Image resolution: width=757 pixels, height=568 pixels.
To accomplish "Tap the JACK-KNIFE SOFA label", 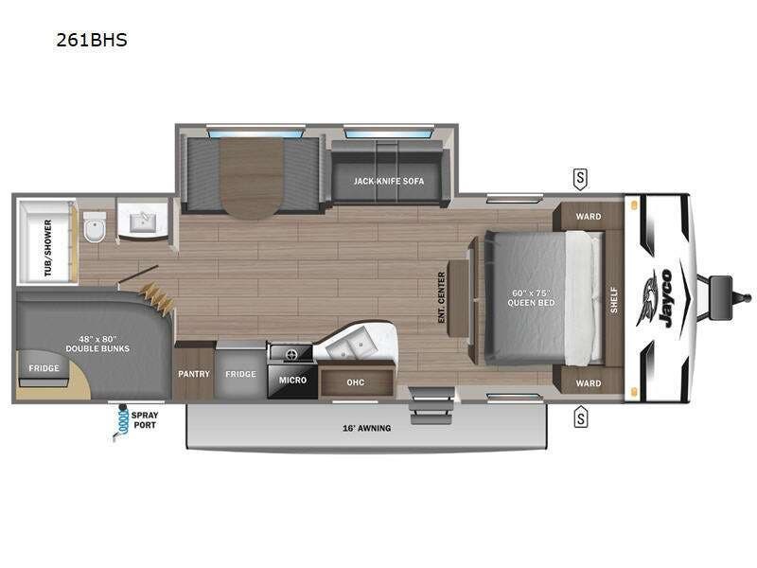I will (x=389, y=180).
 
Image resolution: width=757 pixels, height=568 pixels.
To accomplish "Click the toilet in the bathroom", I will (x=94, y=227).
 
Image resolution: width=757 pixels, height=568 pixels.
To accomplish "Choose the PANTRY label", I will (x=194, y=374).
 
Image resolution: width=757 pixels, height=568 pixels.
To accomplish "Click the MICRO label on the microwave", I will (x=291, y=380).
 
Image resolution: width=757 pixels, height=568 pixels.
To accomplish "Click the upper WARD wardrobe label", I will (x=589, y=217).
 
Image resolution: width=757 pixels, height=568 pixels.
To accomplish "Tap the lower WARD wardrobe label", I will (x=589, y=383).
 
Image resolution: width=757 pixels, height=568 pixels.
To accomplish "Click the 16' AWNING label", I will (x=365, y=428).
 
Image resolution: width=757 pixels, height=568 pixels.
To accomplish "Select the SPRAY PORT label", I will (x=144, y=420).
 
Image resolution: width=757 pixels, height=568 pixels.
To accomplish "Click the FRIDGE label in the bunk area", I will (x=44, y=367).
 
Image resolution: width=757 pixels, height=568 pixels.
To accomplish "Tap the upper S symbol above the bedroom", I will (x=580, y=176).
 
